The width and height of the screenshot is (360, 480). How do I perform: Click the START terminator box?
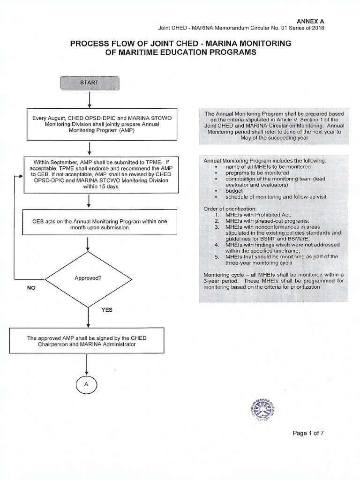pyautogui.click(x=89, y=83)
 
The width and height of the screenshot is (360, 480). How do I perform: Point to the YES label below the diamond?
pyautogui.click(x=107, y=310)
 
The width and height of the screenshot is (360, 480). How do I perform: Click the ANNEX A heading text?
pyautogui.click(x=311, y=22)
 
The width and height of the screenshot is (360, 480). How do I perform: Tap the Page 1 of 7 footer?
pyautogui.click(x=308, y=433)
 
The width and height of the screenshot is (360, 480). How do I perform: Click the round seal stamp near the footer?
pyautogui.click(x=261, y=405)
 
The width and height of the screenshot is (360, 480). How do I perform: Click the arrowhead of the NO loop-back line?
pyautogui.click(x=20, y=177)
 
